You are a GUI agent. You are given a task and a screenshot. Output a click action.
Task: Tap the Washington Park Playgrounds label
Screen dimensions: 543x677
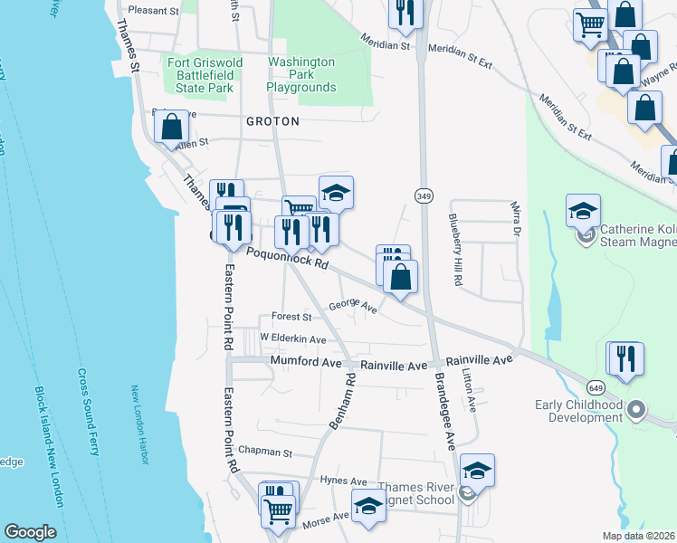[301, 75]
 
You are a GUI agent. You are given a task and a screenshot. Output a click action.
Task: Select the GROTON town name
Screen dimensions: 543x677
[272, 120]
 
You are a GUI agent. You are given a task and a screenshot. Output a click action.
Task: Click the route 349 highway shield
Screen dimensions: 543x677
[423, 195]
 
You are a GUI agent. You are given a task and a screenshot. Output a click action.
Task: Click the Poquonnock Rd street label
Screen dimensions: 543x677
[288, 258]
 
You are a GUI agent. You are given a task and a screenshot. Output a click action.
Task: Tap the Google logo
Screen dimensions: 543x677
[30, 531]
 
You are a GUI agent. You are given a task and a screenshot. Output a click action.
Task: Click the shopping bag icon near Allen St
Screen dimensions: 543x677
[172, 129]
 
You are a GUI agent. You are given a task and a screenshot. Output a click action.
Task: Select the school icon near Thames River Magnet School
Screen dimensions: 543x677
[477, 472]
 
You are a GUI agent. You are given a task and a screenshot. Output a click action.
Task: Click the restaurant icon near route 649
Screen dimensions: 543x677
[625, 357]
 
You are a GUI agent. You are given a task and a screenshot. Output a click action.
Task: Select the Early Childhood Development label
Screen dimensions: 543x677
[579, 411]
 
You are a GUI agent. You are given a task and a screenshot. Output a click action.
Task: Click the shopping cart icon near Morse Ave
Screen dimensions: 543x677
[278, 510]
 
